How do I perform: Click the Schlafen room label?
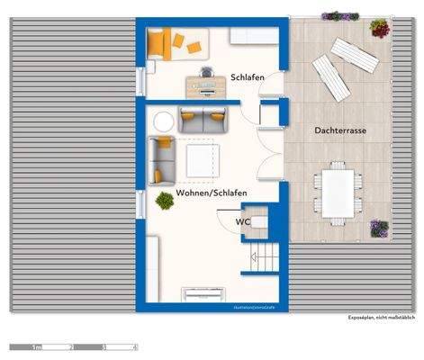[247, 77]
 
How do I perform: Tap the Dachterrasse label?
[339, 130]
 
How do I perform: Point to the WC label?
[242, 220]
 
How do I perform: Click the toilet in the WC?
[259, 220]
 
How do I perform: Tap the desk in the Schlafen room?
[205, 85]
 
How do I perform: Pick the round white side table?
[164, 121]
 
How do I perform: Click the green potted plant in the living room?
[165, 201]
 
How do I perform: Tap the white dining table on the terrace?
[338, 192]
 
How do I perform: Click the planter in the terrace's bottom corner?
[380, 228]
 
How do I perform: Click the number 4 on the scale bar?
[135, 346]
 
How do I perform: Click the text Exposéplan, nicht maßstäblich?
[382, 318]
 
